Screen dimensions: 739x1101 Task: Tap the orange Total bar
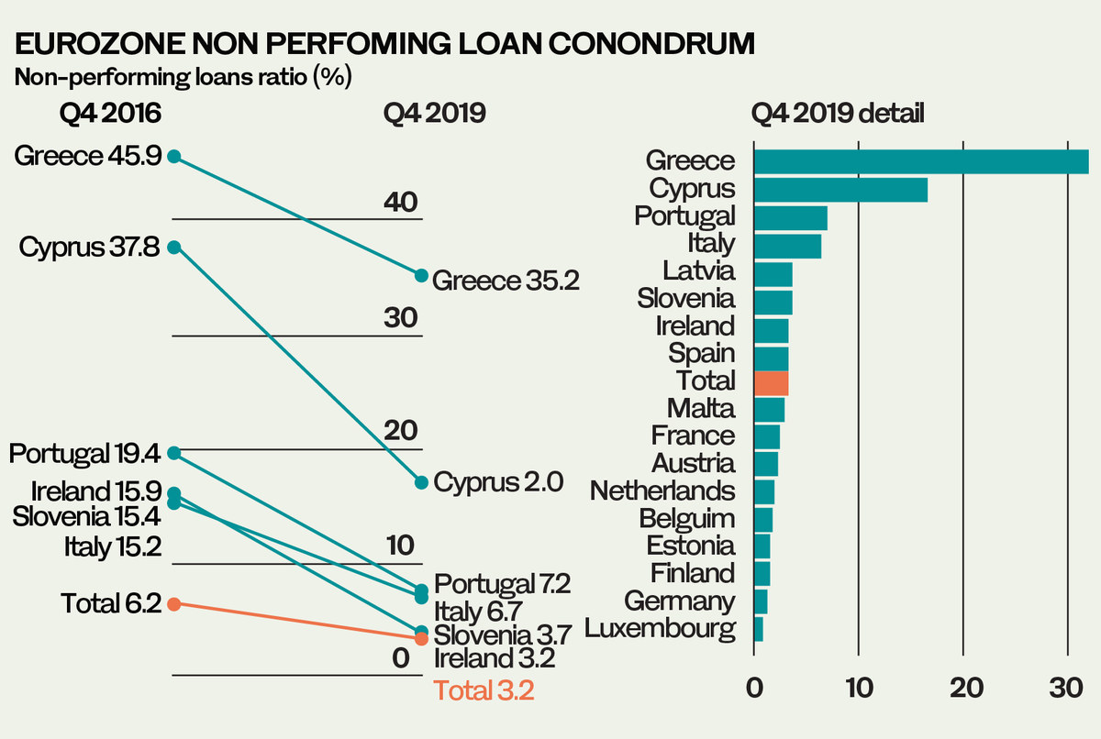coord(771,382)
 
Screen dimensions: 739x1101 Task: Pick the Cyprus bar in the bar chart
coord(840,190)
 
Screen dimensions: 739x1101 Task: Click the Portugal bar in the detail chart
coord(790,218)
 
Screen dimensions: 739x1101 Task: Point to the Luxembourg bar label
coord(660,630)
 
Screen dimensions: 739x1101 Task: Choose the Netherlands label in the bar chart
coord(662,491)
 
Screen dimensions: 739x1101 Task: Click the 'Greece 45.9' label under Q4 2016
coord(88,157)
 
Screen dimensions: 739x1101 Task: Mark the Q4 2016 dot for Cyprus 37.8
coord(174,247)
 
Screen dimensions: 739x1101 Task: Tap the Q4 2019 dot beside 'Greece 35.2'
coord(422,275)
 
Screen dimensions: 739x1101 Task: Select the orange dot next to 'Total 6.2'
coord(174,603)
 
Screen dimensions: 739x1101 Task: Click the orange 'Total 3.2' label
coord(483,690)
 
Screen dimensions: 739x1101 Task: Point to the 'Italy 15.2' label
coord(113,548)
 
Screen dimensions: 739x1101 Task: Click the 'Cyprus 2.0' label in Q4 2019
coord(497,482)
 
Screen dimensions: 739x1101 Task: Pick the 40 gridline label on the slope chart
coord(401,201)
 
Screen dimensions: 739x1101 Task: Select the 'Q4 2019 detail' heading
coord(837,114)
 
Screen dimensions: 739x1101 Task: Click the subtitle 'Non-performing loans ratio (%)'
coord(183,77)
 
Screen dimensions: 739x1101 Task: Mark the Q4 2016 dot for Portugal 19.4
coord(174,452)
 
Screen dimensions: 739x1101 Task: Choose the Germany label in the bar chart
coord(679,601)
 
